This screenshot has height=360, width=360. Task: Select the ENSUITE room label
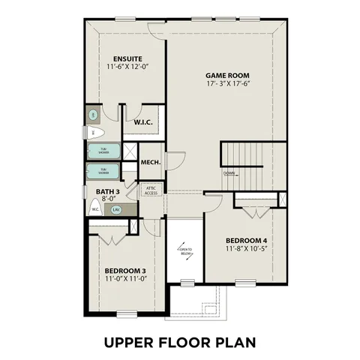pyautogui.click(x=128, y=59)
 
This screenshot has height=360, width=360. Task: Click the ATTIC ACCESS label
pyautogui.click(x=151, y=190)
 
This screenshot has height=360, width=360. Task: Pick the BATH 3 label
pyautogui.click(x=108, y=192)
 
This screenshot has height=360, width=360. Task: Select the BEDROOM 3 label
pyautogui.click(x=125, y=270)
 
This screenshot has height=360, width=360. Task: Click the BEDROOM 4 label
pyautogui.click(x=246, y=241)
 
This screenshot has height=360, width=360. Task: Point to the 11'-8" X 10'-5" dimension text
pyautogui.click(x=246, y=250)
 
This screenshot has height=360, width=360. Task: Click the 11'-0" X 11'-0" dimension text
pyautogui.click(x=125, y=278)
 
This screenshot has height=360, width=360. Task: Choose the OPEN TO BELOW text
pyautogui.click(x=185, y=251)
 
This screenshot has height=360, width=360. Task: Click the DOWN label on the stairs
pyautogui.click(x=229, y=173)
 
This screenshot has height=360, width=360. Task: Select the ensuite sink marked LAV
pyautogui.click(x=93, y=115)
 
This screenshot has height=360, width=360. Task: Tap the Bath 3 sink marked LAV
pyautogui.click(x=116, y=210)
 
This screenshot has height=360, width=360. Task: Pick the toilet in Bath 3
pyautogui.click(x=95, y=209)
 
